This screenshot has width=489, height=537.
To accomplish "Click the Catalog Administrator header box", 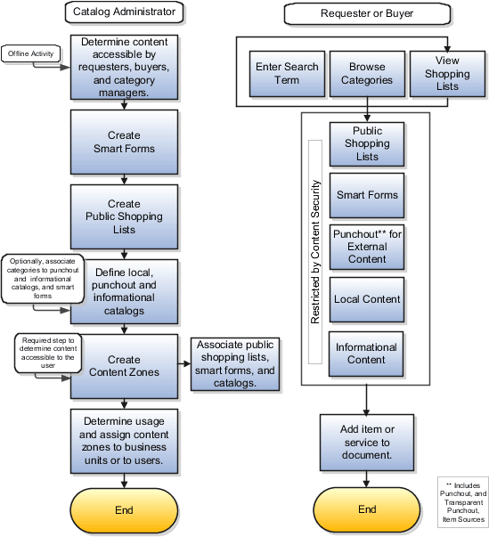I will pyautogui.click(x=124, y=12).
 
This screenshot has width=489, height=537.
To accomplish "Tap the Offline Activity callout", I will pyautogui.click(x=30, y=53).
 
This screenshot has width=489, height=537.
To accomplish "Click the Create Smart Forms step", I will pyautogui.click(x=124, y=142).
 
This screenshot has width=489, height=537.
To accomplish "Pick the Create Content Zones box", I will pyautogui.click(x=124, y=365).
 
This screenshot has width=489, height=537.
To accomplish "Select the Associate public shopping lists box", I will pyautogui.click(x=234, y=364).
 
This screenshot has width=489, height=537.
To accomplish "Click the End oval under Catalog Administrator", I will pyautogui.click(x=124, y=510).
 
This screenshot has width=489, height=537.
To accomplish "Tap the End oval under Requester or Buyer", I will pyautogui.click(x=367, y=510).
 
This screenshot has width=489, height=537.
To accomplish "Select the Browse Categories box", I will pyautogui.click(x=367, y=73).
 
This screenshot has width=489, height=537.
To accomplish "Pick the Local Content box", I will pyautogui.click(x=367, y=299).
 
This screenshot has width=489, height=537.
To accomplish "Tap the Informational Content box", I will pyautogui.click(x=367, y=354).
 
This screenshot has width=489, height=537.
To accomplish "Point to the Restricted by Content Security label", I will pyautogui.click(x=314, y=251).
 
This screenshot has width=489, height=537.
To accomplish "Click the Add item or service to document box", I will pyautogui.click(x=367, y=442).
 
